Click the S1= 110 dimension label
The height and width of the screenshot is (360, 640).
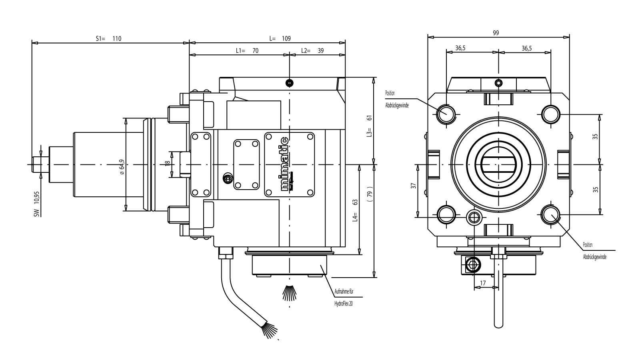pyautogui.click(x=108, y=39)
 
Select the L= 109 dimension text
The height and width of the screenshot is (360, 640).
pyautogui.click(x=280, y=39)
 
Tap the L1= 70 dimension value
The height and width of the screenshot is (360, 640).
pyautogui.click(x=247, y=51)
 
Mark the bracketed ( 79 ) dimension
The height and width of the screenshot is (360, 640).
pyautogui.click(x=370, y=196)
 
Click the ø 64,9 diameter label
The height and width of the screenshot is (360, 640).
pyautogui.click(x=122, y=167)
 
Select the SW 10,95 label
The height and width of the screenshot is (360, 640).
pyautogui.click(x=36, y=204)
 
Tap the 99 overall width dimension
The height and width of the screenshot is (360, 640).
pyautogui.click(x=496, y=33)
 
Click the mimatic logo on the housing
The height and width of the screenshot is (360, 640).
pyautogui.click(x=284, y=164)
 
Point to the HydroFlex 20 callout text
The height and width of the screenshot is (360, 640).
pyautogui.click(x=343, y=304)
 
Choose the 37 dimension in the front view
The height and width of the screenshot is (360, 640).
pyautogui.click(x=414, y=186)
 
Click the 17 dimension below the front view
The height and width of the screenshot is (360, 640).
pyautogui.click(x=483, y=283)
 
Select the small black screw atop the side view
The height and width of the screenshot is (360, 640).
pyautogui.click(x=289, y=83)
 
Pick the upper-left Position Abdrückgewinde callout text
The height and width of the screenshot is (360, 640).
pyautogui.click(x=396, y=99)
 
